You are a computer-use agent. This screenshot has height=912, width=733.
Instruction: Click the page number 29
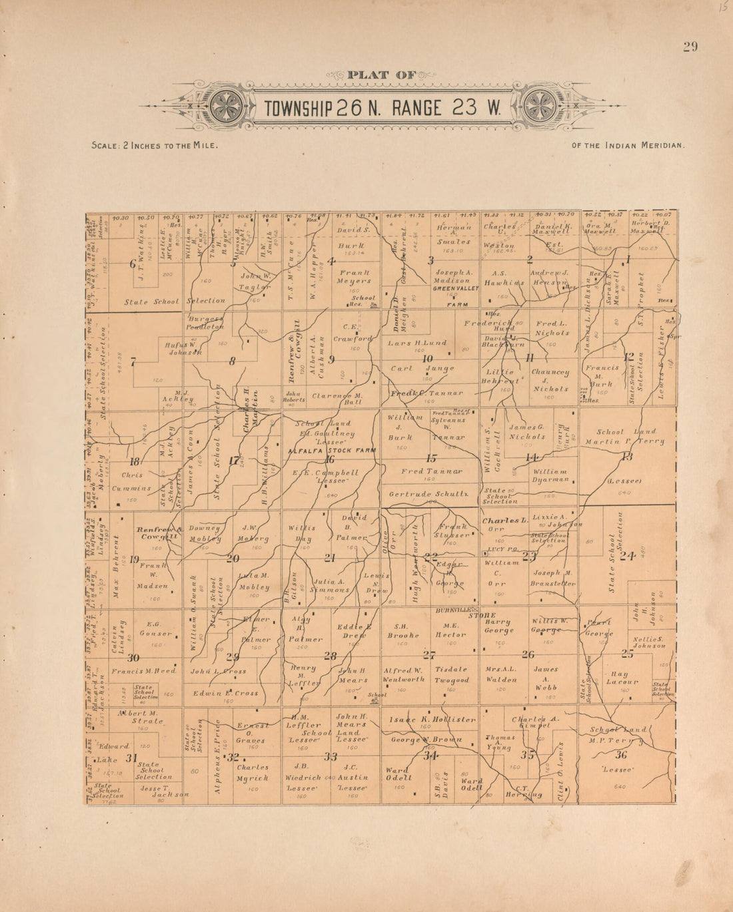pyautogui.click(x=690, y=46)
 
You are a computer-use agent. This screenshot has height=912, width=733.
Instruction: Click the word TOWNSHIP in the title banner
pyautogui.click(x=299, y=108)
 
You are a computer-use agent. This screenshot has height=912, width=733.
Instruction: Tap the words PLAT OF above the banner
pyautogui.click(x=382, y=75)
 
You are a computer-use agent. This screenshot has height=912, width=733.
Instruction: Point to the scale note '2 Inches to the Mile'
pyautogui.click(x=155, y=144)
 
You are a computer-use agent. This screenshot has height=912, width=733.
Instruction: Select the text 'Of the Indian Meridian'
pyautogui.click(x=628, y=144)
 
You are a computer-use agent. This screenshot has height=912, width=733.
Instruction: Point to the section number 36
pyautogui.click(x=621, y=754)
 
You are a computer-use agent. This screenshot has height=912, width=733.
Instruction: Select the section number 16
pyautogui.click(x=329, y=459)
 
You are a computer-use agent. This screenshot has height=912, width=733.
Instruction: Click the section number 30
pyautogui.click(x=133, y=658)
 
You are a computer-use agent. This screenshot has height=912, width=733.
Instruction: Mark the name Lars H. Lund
pyautogui.click(x=417, y=343)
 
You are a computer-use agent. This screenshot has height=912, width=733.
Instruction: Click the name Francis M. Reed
pyautogui.click(x=143, y=670)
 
